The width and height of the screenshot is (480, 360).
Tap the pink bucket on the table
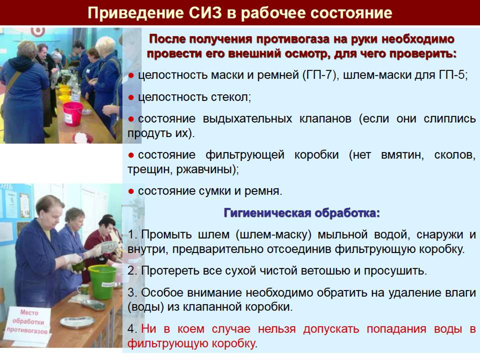(73, 114)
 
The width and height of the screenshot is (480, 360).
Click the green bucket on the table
(102, 281)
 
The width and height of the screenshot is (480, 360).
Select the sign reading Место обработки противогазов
(27, 321)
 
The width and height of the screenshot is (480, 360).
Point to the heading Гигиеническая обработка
(302, 213)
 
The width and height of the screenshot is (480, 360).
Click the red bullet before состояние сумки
(131, 191)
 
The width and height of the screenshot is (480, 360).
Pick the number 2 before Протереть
(131, 270)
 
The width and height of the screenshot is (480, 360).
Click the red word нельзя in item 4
(276, 329)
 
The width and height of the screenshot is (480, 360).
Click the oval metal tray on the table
(76, 322)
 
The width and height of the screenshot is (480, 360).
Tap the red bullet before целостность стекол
(131, 97)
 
